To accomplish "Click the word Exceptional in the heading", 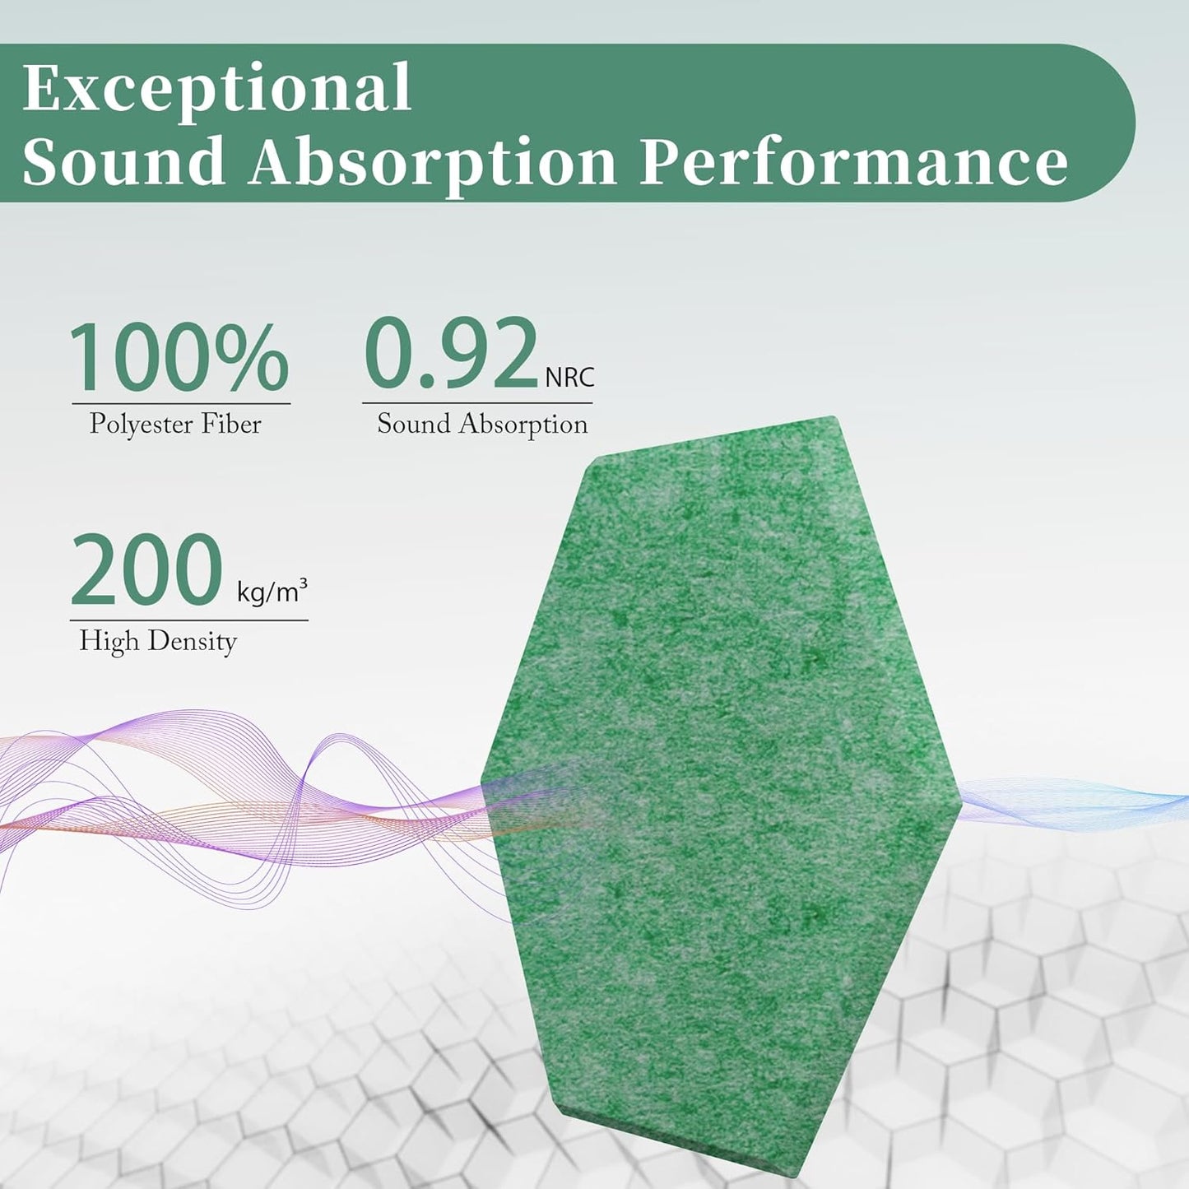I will pyautogui.click(x=216, y=89).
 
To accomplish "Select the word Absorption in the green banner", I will pyautogui.click(x=434, y=162).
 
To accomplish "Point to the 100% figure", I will pyautogui.click(x=179, y=359).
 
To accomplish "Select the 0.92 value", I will pyautogui.click(x=451, y=354).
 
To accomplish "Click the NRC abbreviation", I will pyautogui.click(x=569, y=377).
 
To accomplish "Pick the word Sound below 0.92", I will pyautogui.click(x=414, y=424).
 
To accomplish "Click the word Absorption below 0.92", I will pyautogui.click(x=523, y=425).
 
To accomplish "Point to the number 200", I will pyautogui.click(x=147, y=570).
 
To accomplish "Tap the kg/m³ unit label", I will pyautogui.click(x=272, y=591).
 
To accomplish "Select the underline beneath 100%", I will pyautogui.click(x=181, y=404).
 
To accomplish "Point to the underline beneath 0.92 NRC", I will pyautogui.click(x=477, y=403).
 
